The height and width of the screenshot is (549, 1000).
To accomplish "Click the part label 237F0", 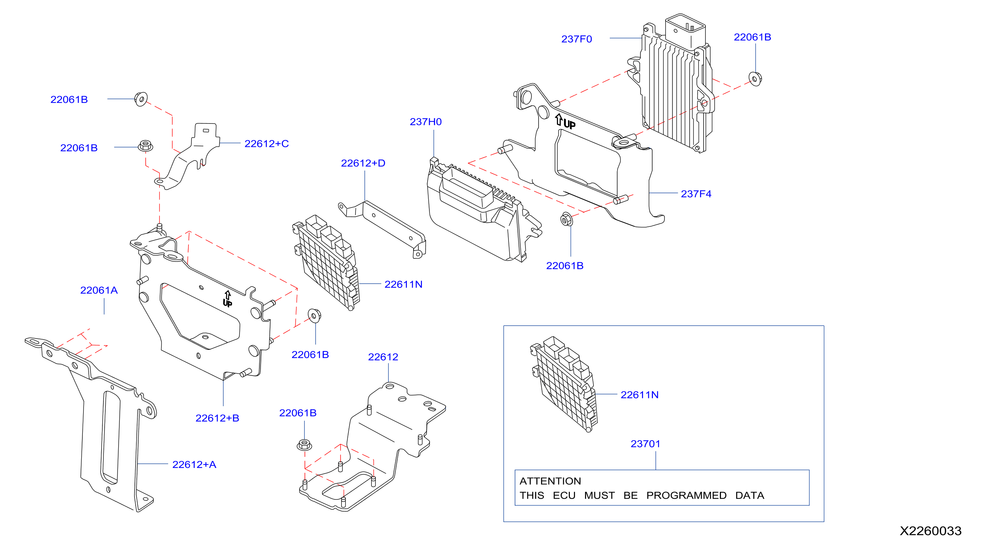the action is [576, 39].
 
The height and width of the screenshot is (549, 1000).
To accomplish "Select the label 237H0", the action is [425, 122].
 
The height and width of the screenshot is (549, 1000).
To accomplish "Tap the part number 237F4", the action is [696, 193].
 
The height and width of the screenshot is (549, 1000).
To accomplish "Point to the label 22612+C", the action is [267, 144].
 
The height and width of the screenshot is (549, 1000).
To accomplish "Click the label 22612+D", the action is [363, 163].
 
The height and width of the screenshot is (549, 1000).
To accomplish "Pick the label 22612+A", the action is [194, 464].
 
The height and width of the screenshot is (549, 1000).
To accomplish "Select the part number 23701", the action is [645, 444].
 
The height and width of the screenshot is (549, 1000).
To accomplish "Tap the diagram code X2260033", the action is [931, 531].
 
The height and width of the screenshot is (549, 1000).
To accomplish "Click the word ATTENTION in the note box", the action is [550, 481].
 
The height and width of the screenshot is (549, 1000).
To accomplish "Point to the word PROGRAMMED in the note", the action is [686, 495].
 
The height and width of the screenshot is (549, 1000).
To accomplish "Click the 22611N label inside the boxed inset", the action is [639, 395].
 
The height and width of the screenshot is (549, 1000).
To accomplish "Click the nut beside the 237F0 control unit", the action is [755, 79].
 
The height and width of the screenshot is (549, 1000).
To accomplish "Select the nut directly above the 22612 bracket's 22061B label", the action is [304, 444].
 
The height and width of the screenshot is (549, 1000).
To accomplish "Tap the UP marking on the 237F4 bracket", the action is [565, 122].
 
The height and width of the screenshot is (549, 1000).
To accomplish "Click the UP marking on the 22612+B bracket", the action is [228, 299].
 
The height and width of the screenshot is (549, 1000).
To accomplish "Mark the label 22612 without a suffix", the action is [383, 357].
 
